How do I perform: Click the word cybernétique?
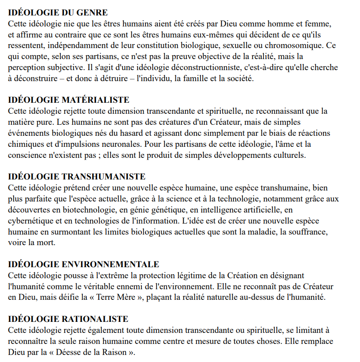point(29,221)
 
